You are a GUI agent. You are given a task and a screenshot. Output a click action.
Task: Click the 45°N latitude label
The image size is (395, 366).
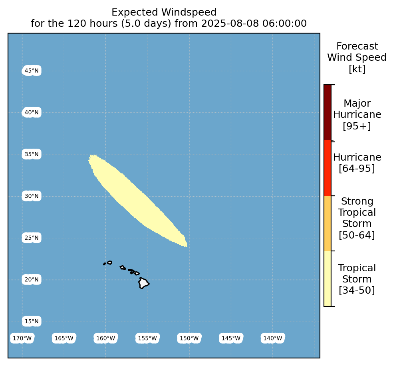(32, 71)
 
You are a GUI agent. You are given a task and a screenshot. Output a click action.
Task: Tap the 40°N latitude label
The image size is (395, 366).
(32, 112)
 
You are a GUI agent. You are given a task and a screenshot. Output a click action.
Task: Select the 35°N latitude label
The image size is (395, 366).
(32, 154)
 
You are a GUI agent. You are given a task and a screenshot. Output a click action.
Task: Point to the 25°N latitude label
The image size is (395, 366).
(32, 238)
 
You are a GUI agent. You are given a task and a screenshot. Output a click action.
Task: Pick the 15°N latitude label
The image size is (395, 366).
(32, 321)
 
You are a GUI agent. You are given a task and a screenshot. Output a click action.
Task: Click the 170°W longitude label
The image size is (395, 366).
(22, 338)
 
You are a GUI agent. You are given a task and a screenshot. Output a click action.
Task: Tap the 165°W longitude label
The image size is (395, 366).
(64, 338)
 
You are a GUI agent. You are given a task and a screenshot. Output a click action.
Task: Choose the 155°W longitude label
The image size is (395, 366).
(147, 338)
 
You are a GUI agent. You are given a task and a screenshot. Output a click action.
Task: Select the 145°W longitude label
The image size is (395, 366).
(231, 338)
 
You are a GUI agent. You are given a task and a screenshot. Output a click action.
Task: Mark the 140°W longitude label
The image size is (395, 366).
(273, 338)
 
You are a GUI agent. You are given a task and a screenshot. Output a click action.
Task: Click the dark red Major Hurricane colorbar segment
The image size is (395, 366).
(328, 113)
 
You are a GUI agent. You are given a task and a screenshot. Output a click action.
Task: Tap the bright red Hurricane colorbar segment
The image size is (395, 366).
(328, 168)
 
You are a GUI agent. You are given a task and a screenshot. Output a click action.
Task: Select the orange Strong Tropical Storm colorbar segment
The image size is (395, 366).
(328, 223)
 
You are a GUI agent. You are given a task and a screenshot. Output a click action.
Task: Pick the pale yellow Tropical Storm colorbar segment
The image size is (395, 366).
(328, 278)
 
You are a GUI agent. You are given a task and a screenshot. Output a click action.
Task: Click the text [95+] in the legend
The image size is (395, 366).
(357, 126)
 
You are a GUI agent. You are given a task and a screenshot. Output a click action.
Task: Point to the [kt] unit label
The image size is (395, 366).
(357, 69)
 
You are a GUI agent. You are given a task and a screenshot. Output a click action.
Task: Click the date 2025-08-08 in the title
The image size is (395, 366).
(230, 24)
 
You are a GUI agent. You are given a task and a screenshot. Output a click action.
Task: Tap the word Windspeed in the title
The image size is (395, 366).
(189, 12)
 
